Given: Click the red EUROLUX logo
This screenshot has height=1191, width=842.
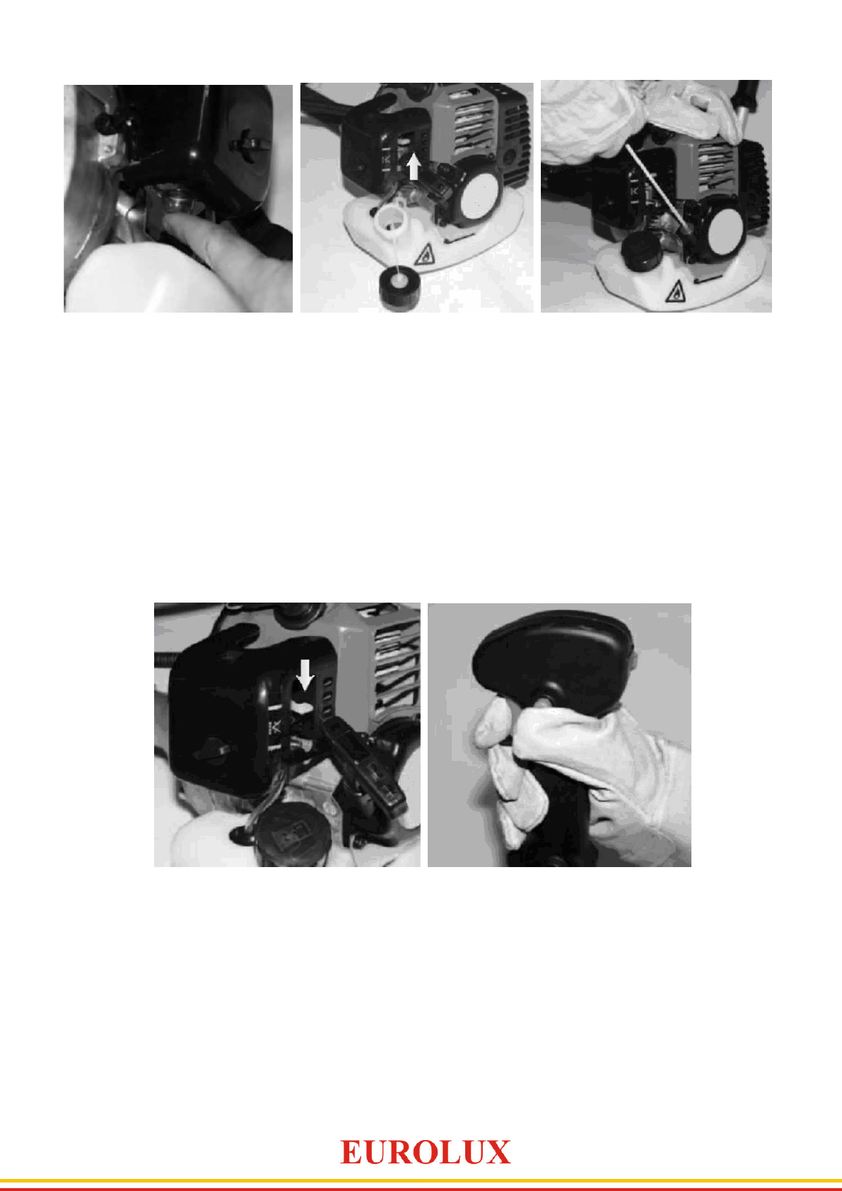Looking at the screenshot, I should pyautogui.click(x=425, y=1153).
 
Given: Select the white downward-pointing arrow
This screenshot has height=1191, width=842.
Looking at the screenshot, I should pyautogui.click(x=305, y=674).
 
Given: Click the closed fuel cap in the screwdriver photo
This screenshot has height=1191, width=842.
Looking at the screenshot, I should pyautogui.click(x=639, y=250).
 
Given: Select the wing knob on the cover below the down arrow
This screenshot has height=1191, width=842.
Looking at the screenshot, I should pyautogui.click(x=212, y=750).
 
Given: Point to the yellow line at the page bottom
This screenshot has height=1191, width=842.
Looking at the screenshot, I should pyautogui.click(x=421, y=1180).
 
